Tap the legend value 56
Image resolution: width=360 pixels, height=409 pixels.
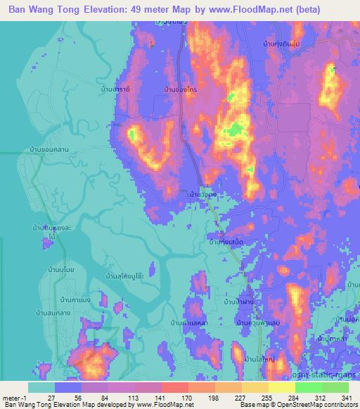click(68, 397)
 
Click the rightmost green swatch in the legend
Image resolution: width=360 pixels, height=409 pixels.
click(335, 387)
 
